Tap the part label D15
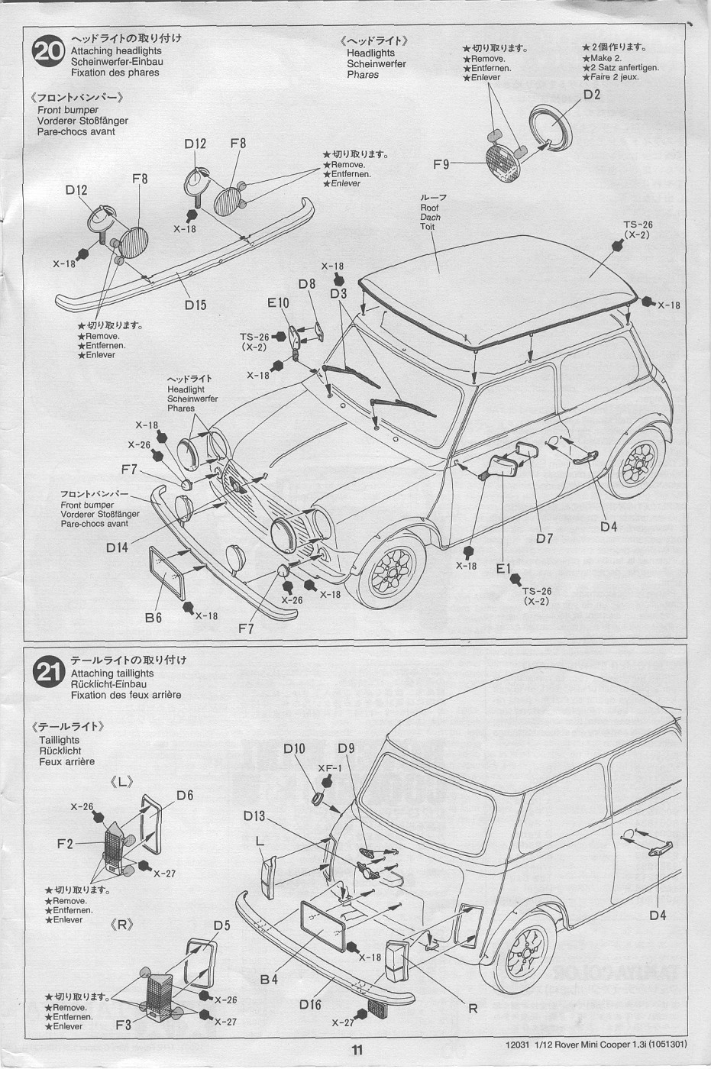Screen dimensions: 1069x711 (195, 305)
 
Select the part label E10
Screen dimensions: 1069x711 (278, 303)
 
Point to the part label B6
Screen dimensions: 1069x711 (154, 618)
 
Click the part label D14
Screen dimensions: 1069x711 (118, 547)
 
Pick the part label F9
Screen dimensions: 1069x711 (441, 164)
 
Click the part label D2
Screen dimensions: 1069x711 (592, 95)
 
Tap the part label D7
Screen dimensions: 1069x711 (544, 538)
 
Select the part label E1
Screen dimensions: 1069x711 (503, 568)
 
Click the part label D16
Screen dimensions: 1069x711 (310, 1004)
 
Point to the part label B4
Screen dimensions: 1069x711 (269, 980)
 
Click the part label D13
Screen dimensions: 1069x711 (254, 816)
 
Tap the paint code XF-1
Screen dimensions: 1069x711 (329, 768)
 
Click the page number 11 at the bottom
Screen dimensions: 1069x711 (357, 1050)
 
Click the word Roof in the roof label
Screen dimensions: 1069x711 (429, 208)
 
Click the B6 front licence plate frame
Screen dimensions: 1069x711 (176, 574)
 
